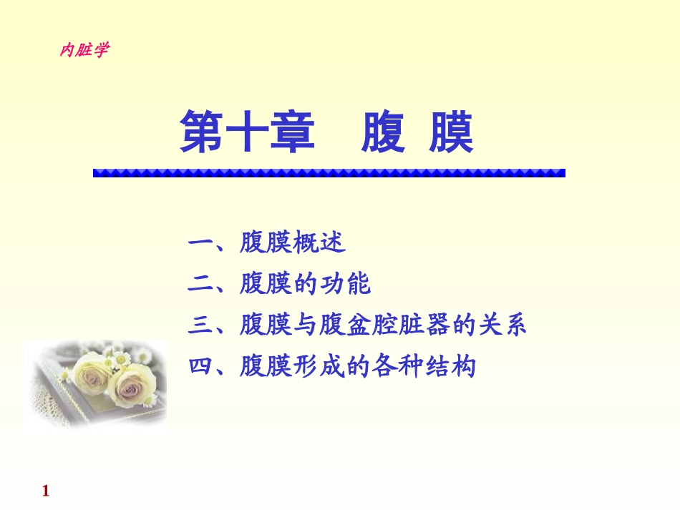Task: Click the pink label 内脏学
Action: pyautogui.click(x=84, y=51)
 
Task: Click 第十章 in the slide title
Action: pyautogui.click(x=247, y=132)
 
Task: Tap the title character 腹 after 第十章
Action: pyautogui.click(x=383, y=132)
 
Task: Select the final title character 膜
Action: pyautogui.click(x=451, y=132)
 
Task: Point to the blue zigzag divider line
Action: pyautogui.click(x=329, y=172)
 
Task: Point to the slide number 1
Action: pyautogui.click(x=46, y=491)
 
